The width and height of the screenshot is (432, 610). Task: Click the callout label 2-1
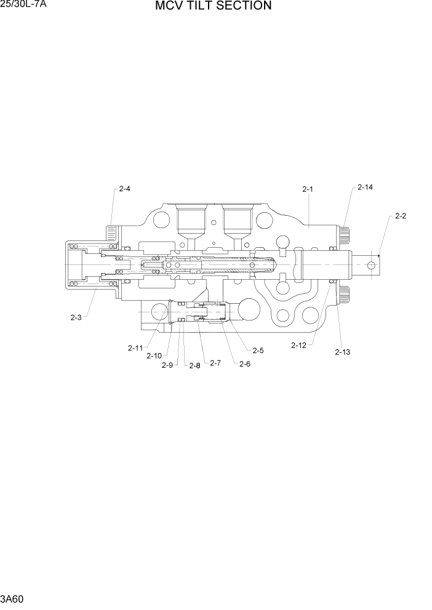308,189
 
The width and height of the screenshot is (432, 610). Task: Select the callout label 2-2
400,216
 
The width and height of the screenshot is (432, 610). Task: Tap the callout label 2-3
76,317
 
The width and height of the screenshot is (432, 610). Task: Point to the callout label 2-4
124,189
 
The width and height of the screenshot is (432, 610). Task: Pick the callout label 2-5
258,351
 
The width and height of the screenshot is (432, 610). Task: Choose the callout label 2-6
244,363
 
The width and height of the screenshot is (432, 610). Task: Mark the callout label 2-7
215,363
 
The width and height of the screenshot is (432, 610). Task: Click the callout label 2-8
194,365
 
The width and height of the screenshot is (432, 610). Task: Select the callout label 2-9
167,365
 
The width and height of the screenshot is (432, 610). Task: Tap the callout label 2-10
154,355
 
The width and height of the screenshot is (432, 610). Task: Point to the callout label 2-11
135,348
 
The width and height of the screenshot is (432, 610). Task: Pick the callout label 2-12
298,346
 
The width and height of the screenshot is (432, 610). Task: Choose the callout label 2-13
342,352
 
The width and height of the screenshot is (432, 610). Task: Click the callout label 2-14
365,187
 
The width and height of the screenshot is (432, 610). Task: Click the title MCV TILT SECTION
213,7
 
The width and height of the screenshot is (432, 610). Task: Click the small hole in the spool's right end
370,264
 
